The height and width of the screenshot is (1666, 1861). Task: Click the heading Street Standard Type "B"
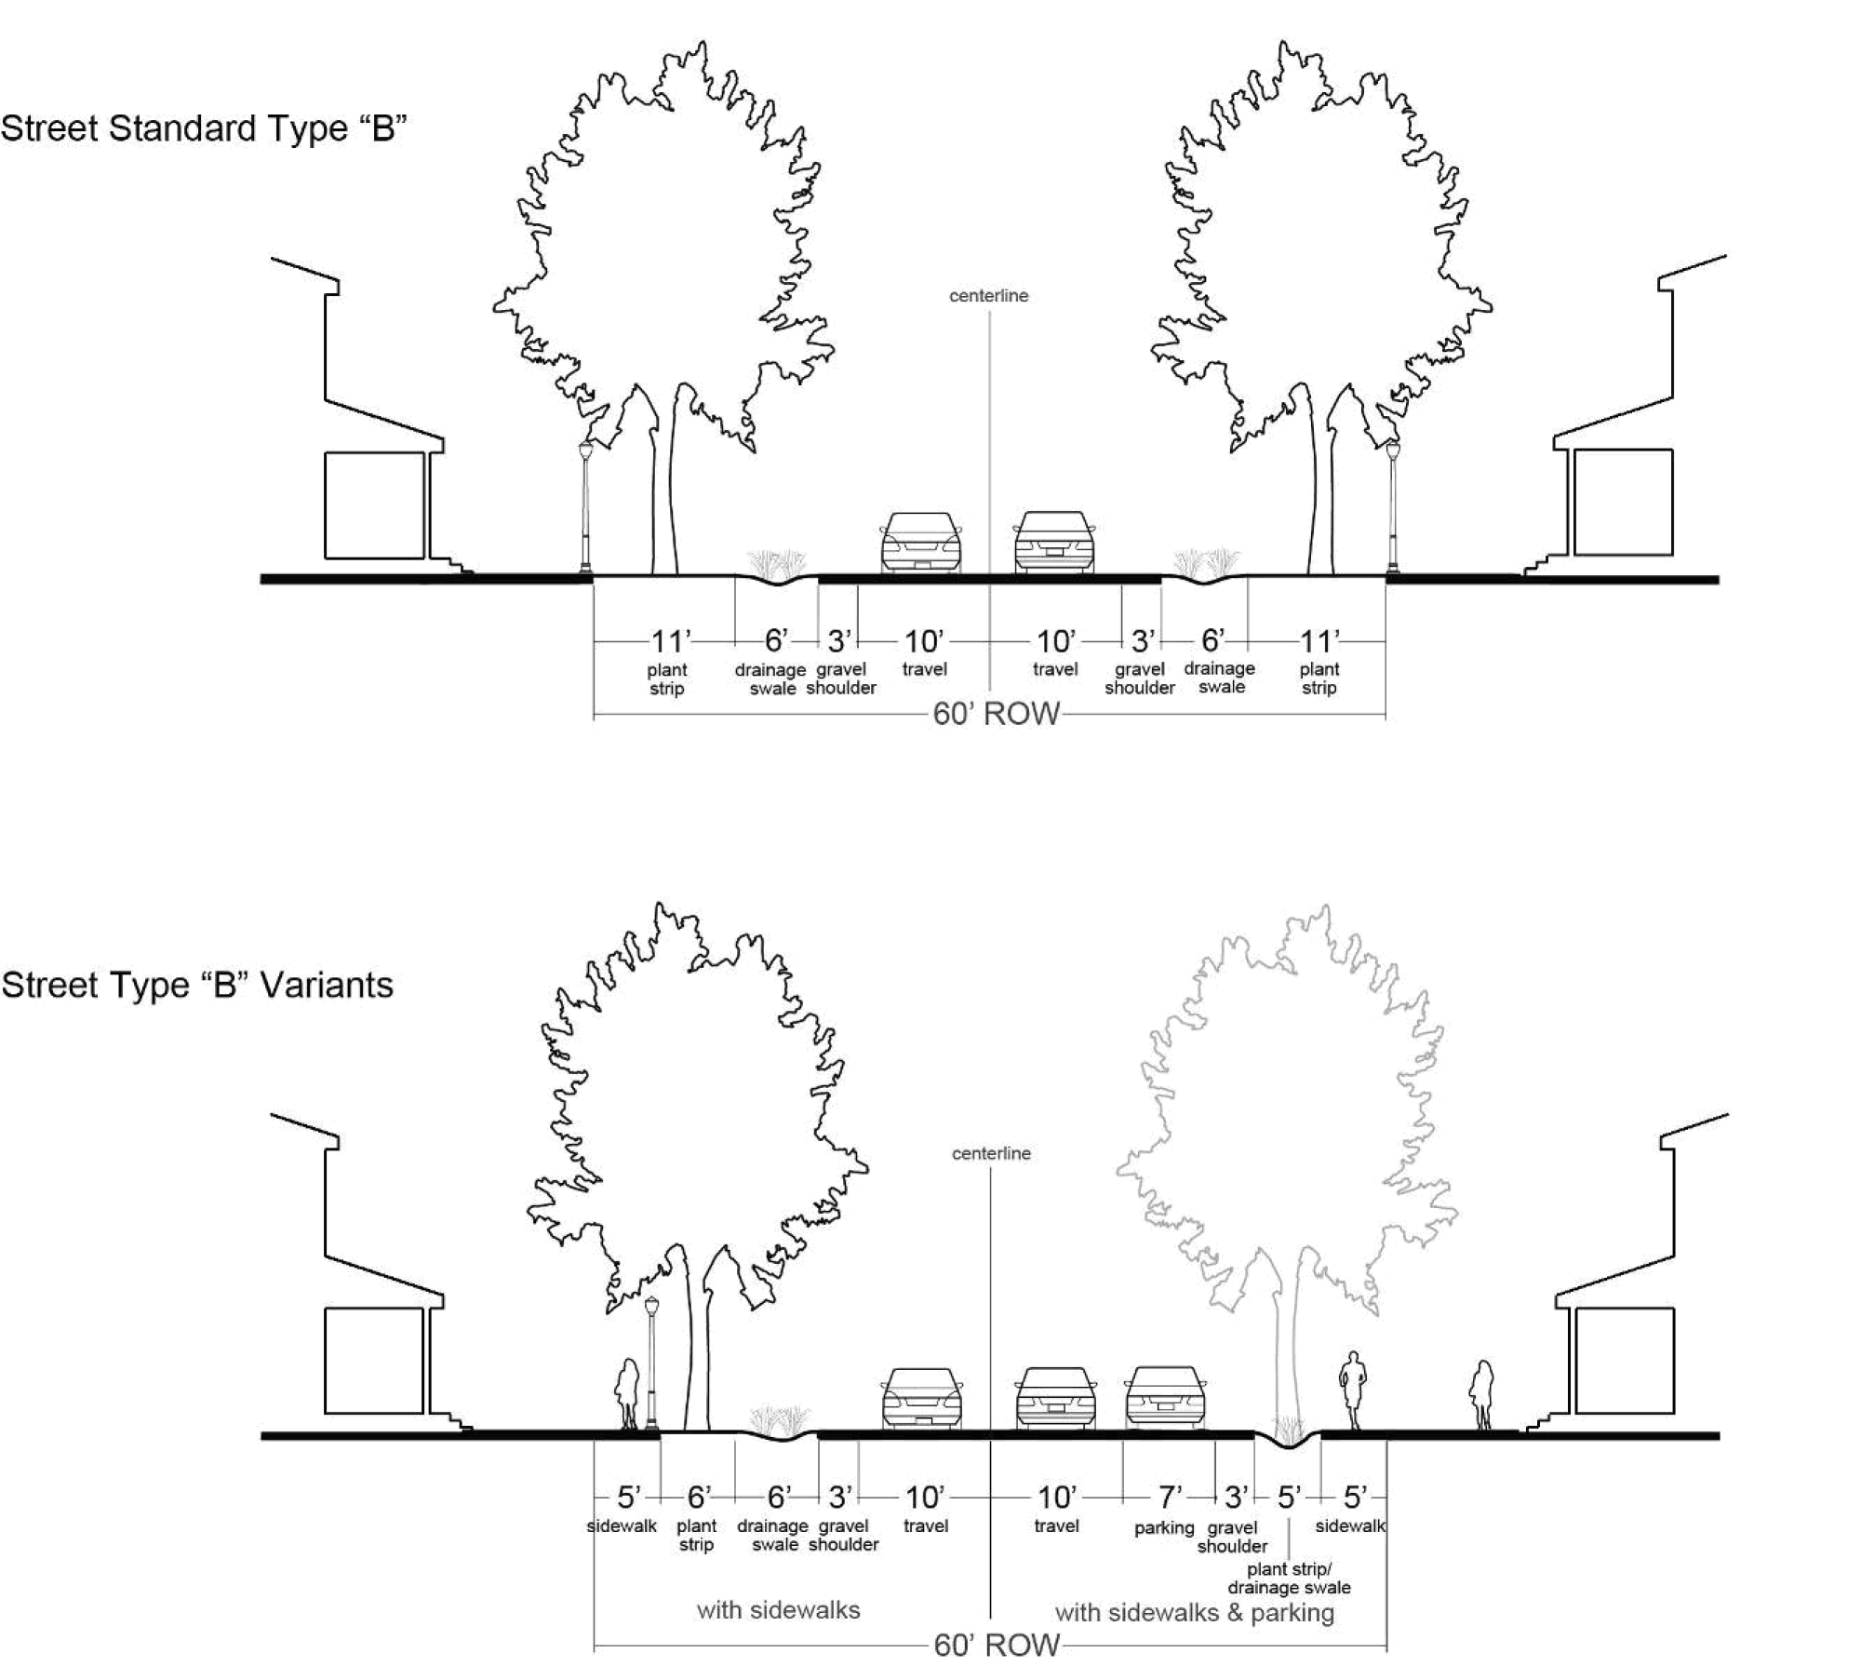204,128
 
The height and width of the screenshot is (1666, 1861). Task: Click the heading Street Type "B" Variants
197,985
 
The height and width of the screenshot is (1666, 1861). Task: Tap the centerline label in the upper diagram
988,296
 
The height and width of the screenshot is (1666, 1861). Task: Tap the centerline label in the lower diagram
991,1153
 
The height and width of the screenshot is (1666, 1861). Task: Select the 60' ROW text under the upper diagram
996,714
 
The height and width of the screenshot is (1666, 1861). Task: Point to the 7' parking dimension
1169,1498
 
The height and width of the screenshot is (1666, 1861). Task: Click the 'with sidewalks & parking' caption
1195,1612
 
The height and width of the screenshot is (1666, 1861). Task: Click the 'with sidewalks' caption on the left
778,1609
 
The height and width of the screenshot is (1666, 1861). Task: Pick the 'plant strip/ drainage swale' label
1289,1579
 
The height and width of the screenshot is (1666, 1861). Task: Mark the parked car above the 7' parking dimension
1165,1397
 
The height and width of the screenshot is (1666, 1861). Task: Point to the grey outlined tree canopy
1284,1098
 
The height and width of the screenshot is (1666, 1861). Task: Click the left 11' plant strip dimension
668,641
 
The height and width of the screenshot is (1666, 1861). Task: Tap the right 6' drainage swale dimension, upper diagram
1212,640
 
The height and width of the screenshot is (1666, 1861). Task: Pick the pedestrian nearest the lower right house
1480,1395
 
